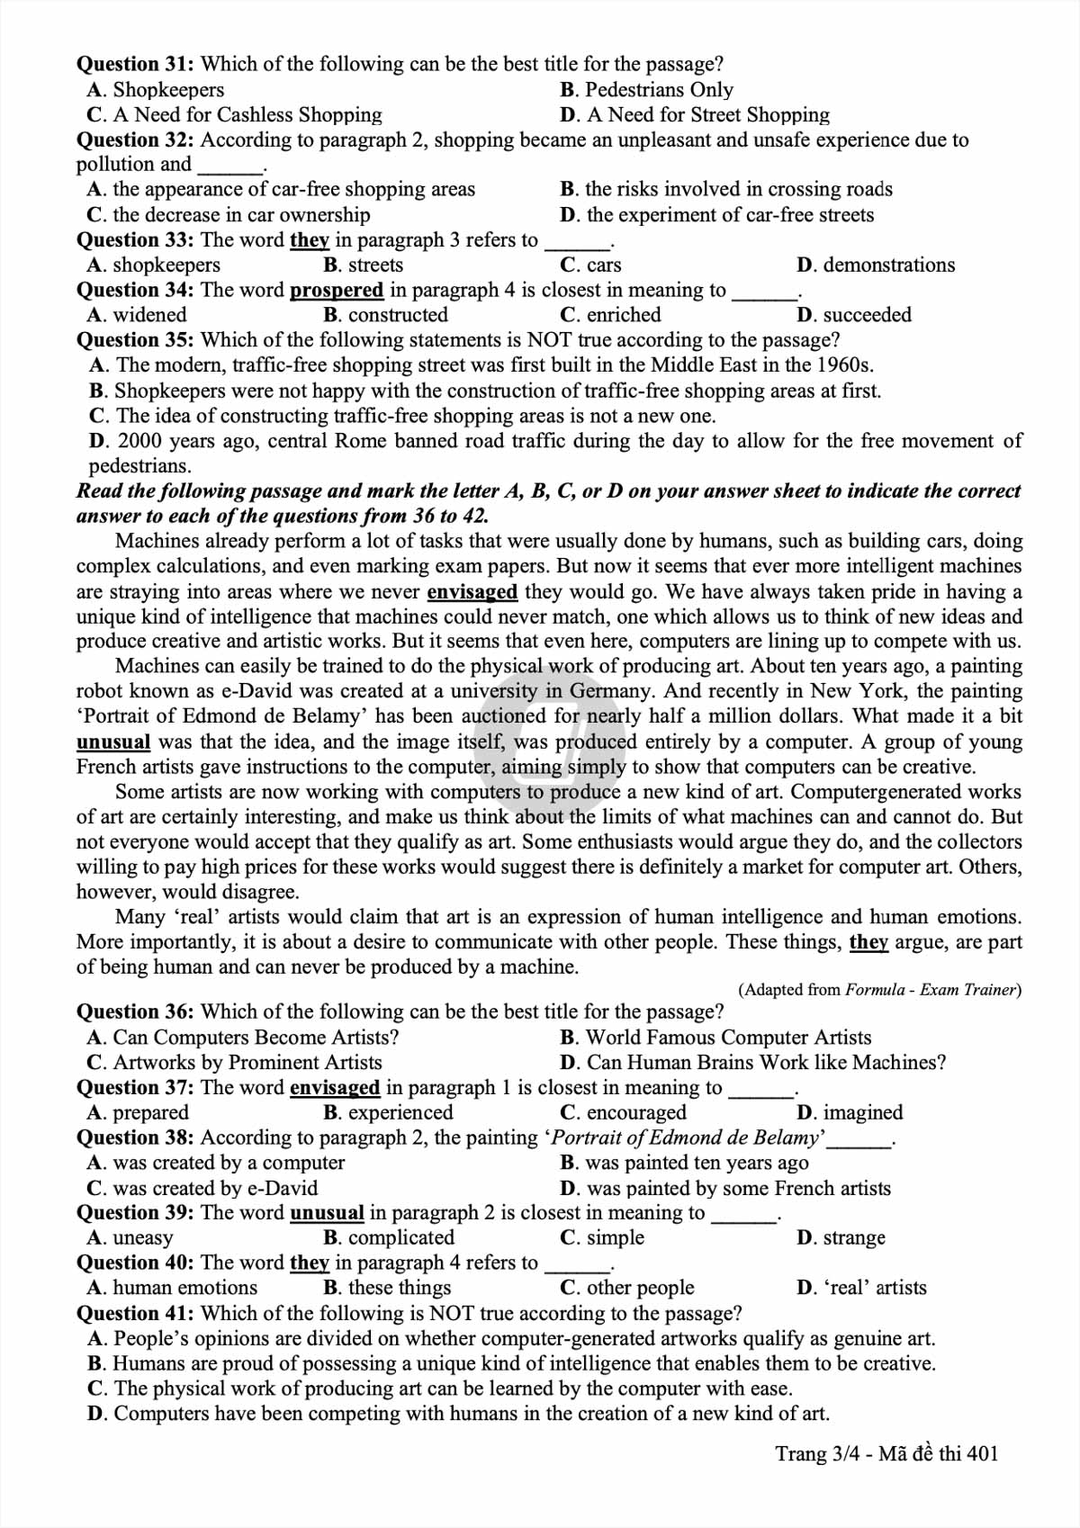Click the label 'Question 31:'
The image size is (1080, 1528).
[134, 64]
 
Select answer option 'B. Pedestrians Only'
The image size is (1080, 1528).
[646, 90]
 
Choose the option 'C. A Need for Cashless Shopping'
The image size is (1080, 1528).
[234, 115]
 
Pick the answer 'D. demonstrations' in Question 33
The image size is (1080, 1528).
[876, 265]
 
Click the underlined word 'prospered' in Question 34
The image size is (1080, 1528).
[337, 290]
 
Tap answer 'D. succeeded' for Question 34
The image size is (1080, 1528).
[854, 315]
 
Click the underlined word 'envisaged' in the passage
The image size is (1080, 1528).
[472, 591]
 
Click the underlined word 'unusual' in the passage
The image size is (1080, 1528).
[113, 742]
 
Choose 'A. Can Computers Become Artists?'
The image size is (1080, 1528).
[243, 1038]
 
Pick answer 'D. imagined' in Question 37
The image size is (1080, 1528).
[850, 1112]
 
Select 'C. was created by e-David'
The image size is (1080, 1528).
[202, 1188]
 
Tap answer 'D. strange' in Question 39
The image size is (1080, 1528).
[841, 1237]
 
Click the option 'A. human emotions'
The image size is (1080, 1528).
[172, 1288]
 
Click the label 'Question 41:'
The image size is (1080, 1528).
[134, 1313]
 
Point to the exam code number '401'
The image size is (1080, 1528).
[983, 1454]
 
